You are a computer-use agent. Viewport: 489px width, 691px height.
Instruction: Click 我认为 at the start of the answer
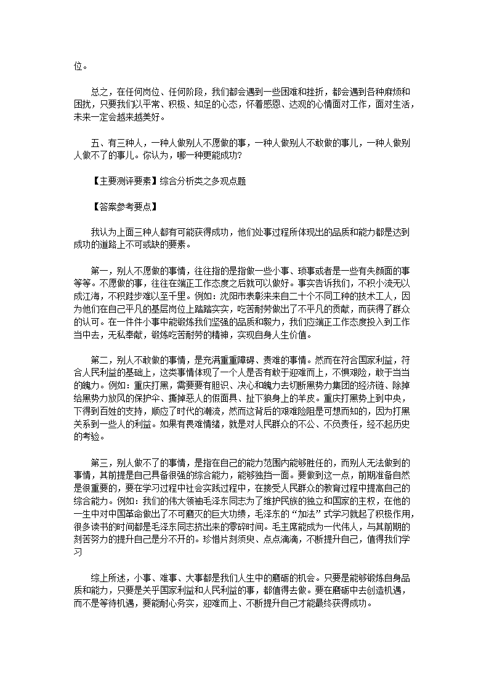102,231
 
